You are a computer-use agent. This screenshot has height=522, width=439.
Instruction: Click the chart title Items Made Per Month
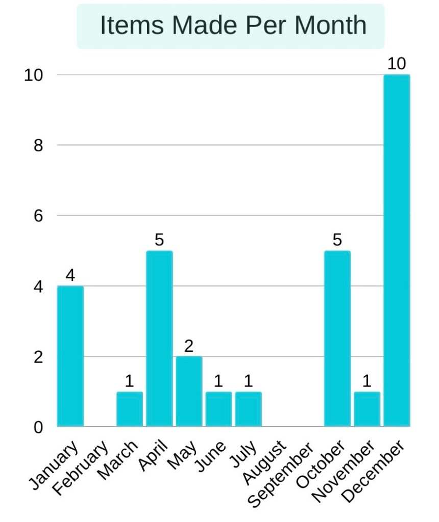[233, 26]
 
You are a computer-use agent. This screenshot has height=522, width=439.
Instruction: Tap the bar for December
[397, 250]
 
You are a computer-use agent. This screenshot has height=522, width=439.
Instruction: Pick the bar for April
[159, 338]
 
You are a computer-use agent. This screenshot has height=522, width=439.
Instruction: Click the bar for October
[337, 338]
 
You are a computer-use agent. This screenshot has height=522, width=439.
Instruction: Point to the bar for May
[189, 391]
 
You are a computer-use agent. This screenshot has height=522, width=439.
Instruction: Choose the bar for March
[130, 409]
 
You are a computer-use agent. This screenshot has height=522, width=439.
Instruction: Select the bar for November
[367, 409]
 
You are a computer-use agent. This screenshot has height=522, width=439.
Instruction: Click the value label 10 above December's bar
[397, 64]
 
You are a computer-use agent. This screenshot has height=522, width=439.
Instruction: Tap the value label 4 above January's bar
[70, 276]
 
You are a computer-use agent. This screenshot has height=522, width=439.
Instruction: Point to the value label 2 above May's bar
[189, 347]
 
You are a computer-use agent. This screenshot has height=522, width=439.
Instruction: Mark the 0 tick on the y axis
[38, 427]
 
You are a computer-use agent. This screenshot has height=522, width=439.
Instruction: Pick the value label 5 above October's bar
[337, 241]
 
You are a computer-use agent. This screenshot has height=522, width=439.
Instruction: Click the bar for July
[248, 409]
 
